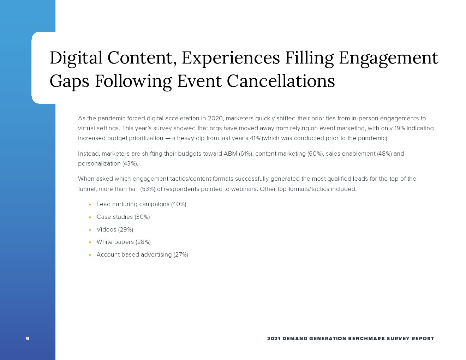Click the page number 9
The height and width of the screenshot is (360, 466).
pyautogui.click(x=28, y=338)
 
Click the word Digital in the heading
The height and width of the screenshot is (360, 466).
pyautogui.click(x=76, y=58)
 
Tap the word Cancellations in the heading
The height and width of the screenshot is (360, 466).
pyautogui.click(x=281, y=81)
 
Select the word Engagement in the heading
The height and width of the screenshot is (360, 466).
pyautogui.click(x=388, y=58)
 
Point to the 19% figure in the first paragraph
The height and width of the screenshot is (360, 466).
pyautogui.click(x=400, y=128)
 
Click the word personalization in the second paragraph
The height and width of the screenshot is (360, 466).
pyautogui.click(x=99, y=164)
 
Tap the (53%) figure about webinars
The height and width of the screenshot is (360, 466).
pyautogui.click(x=148, y=189)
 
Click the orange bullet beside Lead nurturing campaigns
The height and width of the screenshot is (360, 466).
pyautogui.click(x=90, y=205)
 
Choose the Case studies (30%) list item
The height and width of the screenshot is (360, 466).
pyautogui.click(x=123, y=217)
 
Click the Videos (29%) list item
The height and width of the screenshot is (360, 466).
pyautogui.click(x=115, y=229)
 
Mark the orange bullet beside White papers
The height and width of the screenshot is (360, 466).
pyautogui.click(x=90, y=242)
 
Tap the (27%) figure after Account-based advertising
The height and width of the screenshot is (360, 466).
pyautogui.click(x=181, y=254)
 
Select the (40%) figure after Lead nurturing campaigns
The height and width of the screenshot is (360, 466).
pyautogui.click(x=179, y=204)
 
